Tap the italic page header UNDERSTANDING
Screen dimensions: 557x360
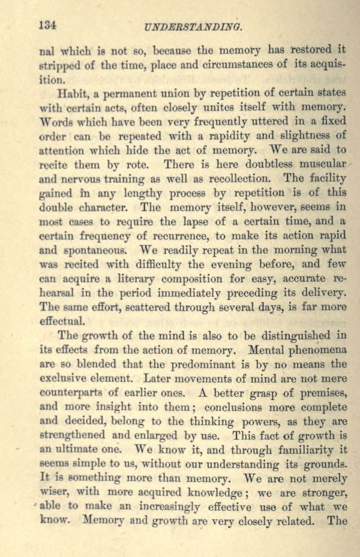coord(193,27)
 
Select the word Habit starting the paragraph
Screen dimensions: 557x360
coord(72,94)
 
